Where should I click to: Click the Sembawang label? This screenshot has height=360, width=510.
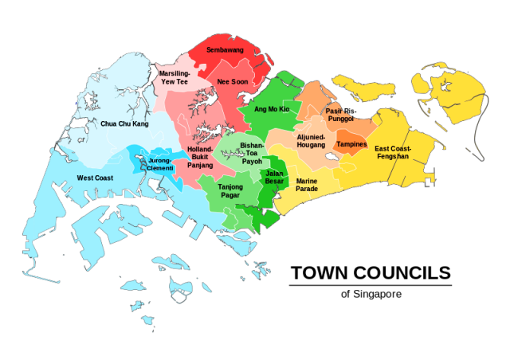225,49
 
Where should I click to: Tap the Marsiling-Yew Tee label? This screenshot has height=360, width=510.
175,77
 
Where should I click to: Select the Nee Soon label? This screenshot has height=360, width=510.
234,81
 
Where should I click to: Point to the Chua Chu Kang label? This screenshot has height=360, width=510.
124,123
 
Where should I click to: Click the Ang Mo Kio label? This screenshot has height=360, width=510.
271,108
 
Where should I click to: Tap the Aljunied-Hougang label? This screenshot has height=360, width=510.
311,141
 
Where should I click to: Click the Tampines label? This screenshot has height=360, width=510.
351,144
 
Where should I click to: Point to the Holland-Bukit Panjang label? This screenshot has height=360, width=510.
200,157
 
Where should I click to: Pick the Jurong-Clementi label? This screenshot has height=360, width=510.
160,164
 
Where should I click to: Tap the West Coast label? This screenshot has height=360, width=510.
94,178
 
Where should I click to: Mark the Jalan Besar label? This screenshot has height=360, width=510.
274,178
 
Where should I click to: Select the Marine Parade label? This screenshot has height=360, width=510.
307,186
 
